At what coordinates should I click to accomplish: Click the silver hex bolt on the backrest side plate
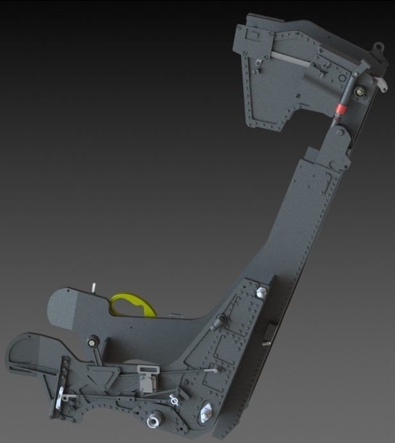pos(261,293)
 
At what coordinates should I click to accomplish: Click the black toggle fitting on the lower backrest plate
pos(222,319)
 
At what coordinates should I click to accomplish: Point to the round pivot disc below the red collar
pos(337,133)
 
